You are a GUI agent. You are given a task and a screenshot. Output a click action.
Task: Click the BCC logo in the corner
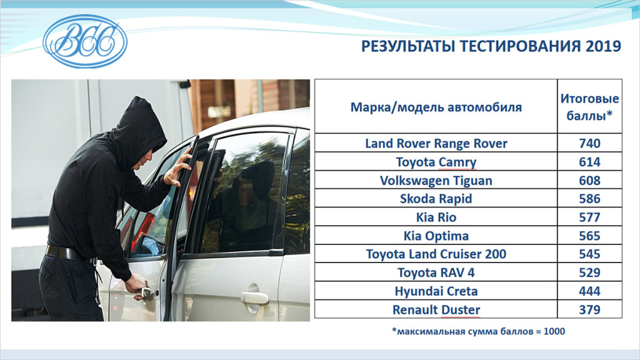click(85, 41)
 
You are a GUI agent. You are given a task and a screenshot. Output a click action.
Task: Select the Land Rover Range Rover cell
click(436, 143)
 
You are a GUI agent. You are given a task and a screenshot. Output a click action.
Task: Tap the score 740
click(589, 143)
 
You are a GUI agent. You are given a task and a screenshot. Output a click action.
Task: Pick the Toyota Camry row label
click(436, 162)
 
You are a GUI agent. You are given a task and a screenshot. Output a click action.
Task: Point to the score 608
click(589, 181)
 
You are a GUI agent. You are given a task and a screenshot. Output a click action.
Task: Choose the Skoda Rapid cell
click(436, 199)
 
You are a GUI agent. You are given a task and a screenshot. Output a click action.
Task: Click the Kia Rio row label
click(436, 217)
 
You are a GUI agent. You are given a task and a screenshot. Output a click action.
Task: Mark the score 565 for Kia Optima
click(589, 236)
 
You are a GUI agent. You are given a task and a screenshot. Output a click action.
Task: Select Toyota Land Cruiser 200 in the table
click(436, 254)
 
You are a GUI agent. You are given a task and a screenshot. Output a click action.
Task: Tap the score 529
click(589, 272)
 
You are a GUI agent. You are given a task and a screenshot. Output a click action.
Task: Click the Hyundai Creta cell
click(436, 291)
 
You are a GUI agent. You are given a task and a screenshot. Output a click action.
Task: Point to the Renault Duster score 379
click(589, 310)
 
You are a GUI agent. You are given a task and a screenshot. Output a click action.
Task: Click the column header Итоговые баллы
click(589, 107)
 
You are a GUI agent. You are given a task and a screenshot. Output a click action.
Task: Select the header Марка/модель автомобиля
click(436, 107)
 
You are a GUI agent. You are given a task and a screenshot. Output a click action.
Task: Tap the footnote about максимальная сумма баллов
click(478, 331)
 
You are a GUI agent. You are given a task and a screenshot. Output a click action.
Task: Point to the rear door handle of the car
click(254, 297)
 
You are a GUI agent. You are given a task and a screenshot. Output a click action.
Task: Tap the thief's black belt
click(67, 254)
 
